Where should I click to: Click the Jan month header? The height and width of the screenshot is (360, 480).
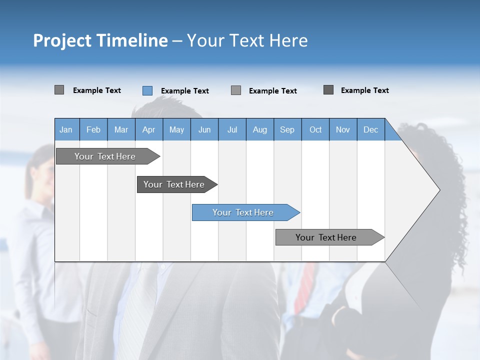[x=66, y=129]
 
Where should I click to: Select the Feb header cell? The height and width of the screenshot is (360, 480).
[x=93, y=129]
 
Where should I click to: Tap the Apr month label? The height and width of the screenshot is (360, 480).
[x=148, y=129]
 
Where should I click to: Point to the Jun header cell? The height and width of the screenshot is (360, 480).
[x=204, y=129]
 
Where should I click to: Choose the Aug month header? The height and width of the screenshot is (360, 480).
[x=260, y=129]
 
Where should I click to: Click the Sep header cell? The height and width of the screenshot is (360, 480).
[x=287, y=129]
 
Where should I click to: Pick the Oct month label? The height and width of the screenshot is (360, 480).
[x=315, y=129]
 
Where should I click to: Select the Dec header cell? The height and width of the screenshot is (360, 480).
[x=371, y=129]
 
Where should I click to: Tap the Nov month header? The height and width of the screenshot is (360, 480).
[x=343, y=129]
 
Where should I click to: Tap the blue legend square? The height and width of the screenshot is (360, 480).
[x=147, y=90]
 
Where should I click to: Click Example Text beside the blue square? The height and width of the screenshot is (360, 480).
[x=185, y=91]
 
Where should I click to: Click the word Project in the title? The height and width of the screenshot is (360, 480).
[x=62, y=40]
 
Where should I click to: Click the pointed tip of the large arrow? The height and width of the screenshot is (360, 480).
[x=438, y=190]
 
